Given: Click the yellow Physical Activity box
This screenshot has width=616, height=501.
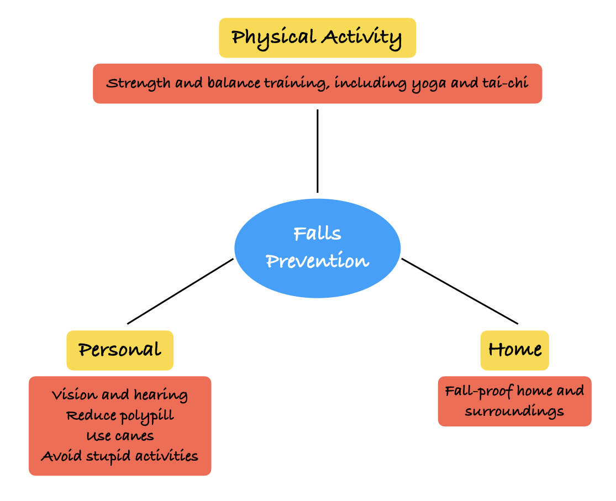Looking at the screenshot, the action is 318,38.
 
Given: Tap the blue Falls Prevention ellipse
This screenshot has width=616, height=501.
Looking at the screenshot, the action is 318,248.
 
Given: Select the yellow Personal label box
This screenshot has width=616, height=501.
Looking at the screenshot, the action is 120,350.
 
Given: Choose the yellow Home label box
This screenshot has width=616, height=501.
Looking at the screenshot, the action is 515,350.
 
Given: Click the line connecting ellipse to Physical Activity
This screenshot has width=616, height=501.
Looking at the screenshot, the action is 318,151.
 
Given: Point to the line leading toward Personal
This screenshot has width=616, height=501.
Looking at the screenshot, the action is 180,291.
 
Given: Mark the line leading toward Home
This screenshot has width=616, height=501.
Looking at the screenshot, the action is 460,291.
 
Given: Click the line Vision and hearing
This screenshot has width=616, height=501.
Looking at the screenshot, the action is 120,394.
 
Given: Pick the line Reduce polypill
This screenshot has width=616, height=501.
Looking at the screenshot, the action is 120,416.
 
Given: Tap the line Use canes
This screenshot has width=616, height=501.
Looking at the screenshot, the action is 120,436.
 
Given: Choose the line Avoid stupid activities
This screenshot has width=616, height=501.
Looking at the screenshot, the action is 120,456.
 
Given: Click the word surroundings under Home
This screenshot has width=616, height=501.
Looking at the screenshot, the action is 514,412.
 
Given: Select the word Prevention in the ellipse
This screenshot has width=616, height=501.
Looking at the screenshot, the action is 318,261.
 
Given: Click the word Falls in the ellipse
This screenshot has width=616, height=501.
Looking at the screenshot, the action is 318,234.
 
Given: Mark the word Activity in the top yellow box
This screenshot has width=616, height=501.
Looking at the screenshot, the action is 362,38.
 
